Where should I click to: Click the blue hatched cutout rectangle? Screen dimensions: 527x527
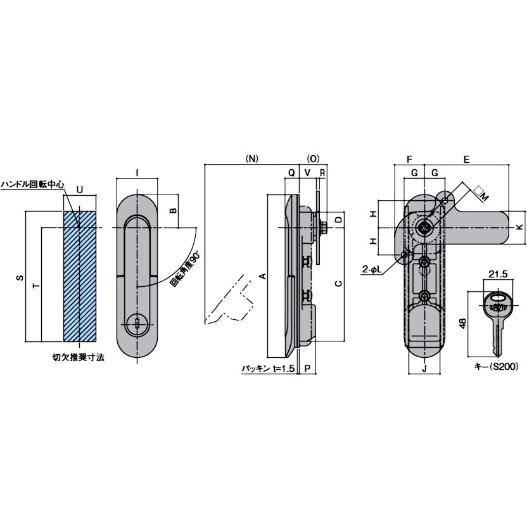(x=79, y=276)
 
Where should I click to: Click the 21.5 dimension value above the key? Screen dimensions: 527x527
(x=498, y=274)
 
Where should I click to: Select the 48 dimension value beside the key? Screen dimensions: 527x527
(x=463, y=324)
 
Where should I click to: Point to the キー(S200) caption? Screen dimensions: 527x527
(x=496, y=367)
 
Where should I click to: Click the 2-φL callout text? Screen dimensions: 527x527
(x=372, y=269)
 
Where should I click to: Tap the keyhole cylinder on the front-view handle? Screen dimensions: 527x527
(x=137, y=325)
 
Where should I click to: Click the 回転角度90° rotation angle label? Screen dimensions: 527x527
(x=185, y=270)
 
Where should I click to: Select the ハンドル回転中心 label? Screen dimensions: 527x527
(x=32, y=185)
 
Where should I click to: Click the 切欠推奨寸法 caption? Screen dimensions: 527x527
(x=79, y=357)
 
